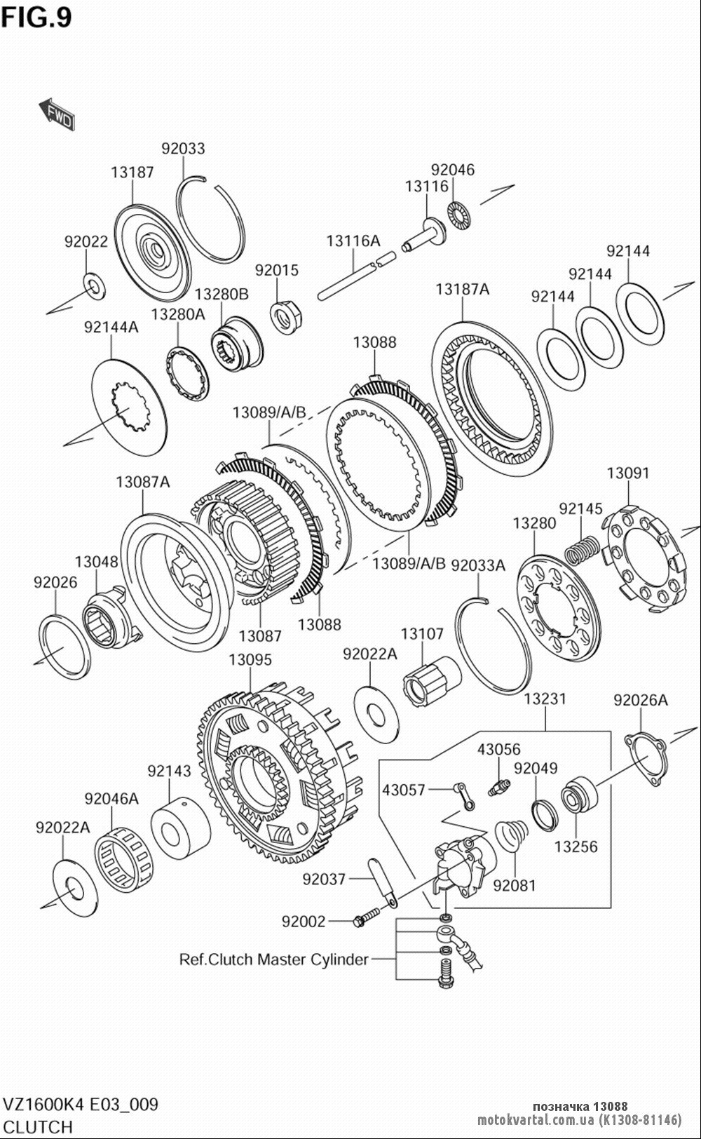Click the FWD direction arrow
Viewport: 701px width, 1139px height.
[x=56, y=114]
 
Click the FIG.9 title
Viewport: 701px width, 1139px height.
[x=36, y=18]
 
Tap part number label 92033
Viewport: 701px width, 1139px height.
[x=183, y=149]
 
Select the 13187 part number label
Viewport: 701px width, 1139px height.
[x=132, y=173]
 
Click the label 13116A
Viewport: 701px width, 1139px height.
[x=353, y=241]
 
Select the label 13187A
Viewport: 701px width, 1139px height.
[x=462, y=290]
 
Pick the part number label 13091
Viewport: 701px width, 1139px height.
[x=628, y=473]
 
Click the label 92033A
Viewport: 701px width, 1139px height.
[x=478, y=565]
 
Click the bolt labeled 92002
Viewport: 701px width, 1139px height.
[x=367, y=916]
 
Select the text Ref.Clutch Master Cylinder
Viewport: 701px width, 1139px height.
[x=273, y=959]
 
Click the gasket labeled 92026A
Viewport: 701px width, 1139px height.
[x=645, y=759]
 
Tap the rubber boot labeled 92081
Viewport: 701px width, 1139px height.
[x=512, y=835]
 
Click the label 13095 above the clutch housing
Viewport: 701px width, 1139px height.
[x=250, y=659]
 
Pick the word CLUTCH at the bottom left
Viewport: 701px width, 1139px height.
[x=38, y=1127]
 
